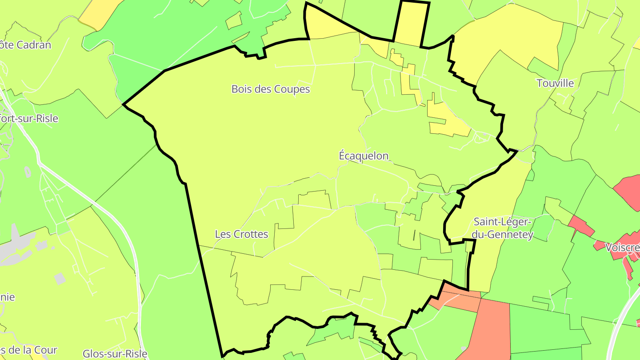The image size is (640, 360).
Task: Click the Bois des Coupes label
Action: (270, 89)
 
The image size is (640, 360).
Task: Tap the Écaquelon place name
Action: (364, 156)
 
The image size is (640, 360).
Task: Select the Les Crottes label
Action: (241, 234)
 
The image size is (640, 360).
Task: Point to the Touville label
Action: (555, 84)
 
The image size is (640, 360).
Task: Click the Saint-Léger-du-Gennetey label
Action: (503, 228)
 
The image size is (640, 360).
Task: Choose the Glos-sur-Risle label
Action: (115, 354)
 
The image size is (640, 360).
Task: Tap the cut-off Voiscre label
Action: (622, 248)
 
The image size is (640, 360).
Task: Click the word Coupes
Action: (292, 89)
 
